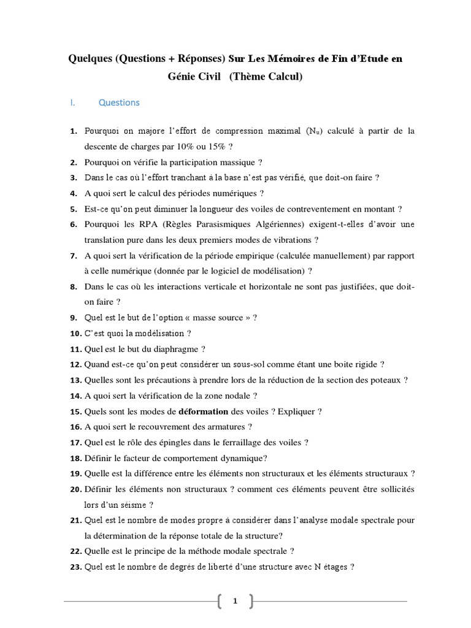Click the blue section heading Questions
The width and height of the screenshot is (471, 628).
coord(119,102)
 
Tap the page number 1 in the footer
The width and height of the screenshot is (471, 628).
coord(235,602)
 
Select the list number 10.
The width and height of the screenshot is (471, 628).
coord(75,333)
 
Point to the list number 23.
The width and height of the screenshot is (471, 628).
coord(75,567)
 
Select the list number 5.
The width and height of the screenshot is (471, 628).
coord(73,209)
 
